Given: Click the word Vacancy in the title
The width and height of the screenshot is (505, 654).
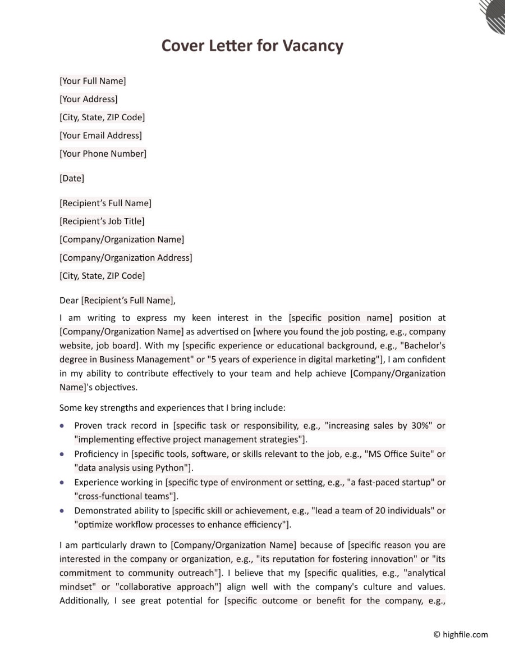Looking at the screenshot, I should (x=313, y=45).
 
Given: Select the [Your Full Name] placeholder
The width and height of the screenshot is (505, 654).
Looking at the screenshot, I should (x=93, y=81).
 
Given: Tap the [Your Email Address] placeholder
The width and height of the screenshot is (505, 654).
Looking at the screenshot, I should (x=100, y=135).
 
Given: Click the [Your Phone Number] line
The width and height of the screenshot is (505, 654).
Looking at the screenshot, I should (x=103, y=153).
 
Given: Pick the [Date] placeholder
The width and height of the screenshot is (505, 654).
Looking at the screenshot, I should (x=72, y=178).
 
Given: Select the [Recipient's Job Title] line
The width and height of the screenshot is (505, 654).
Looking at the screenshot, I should (x=102, y=221).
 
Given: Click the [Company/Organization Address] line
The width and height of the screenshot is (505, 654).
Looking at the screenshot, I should (x=126, y=257).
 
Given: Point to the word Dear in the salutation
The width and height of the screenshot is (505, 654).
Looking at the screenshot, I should (x=69, y=301).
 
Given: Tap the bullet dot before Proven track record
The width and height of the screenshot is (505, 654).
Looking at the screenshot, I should (x=62, y=426).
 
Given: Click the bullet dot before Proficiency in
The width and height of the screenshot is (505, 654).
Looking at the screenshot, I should (x=62, y=454).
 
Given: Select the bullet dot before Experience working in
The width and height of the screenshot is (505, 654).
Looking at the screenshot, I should (x=62, y=482).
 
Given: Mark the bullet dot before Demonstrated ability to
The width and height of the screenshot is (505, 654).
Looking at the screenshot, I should (x=62, y=511).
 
